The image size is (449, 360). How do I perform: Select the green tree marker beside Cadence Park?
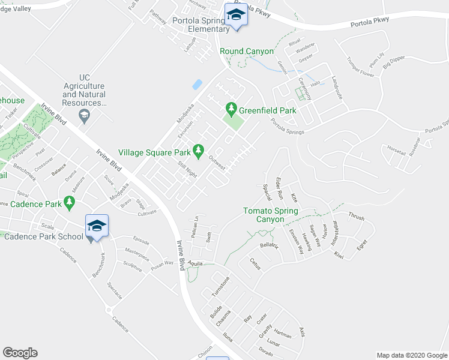click(x=71, y=205)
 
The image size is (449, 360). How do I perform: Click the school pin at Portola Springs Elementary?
click(x=236, y=17)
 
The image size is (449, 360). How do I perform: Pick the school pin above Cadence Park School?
click(x=97, y=227)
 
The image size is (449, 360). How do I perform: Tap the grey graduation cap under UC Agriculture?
click(x=84, y=115)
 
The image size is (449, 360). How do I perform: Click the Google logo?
click(x=20, y=353)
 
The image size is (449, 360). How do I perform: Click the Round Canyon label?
click(x=247, y=52)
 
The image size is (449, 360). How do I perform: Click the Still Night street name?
click(x=187, y=169)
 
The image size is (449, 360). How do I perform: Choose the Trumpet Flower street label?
click(x=360, y=67)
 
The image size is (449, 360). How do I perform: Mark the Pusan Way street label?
click(x=161, y=263)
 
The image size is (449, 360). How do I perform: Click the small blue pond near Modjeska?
click(x=197, y=85)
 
